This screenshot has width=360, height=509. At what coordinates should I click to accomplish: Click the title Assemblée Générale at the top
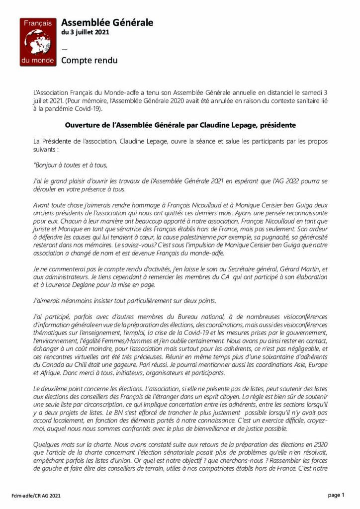107,22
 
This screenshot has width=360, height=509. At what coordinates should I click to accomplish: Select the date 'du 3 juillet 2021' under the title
85,33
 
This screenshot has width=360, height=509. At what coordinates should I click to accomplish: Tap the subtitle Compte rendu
90,61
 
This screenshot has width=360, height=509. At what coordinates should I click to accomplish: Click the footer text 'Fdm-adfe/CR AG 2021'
37,496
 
